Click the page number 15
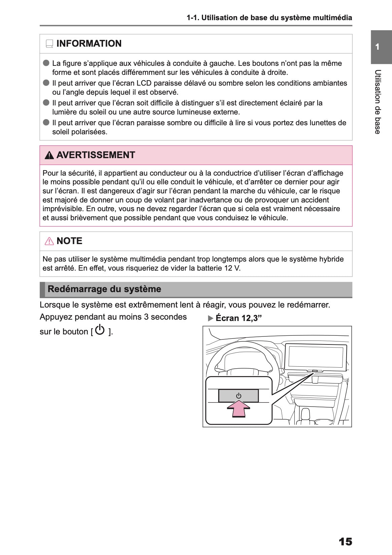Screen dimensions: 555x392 coord(345,542)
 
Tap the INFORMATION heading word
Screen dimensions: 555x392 coord(89,44)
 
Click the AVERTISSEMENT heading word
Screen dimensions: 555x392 coord(96,155)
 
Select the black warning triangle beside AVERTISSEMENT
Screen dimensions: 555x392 coord(49,155)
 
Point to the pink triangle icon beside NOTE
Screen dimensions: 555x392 coord(49,241)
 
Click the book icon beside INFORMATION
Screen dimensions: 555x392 coord(49,44)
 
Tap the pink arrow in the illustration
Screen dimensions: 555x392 coord(238,409)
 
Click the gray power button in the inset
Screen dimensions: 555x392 coord(238,396)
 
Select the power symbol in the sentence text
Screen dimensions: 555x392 coord(100,330)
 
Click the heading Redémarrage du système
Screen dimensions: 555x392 coord(104,289)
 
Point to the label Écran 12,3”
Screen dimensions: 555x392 coord(239,318)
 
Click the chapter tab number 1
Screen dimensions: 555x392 coord(378,47)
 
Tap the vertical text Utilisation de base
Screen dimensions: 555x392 coord(378,102)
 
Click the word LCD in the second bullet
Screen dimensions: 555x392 coord(144,83)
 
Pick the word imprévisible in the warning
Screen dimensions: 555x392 coord(63,209)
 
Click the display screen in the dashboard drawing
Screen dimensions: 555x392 coord(316,357)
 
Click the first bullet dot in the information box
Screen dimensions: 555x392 coord(46,63)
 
